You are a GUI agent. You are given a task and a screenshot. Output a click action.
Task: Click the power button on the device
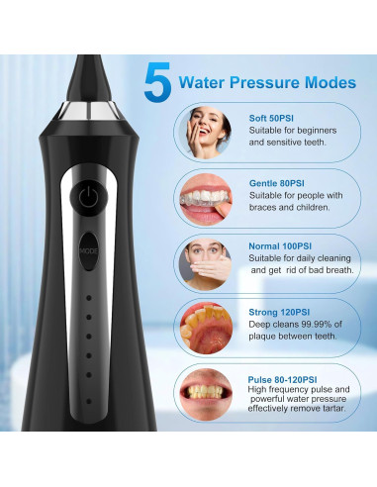point(89,195)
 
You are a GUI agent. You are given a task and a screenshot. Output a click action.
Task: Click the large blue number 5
point(157,83)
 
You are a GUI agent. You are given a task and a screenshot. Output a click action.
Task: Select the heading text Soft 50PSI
point(272,119)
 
